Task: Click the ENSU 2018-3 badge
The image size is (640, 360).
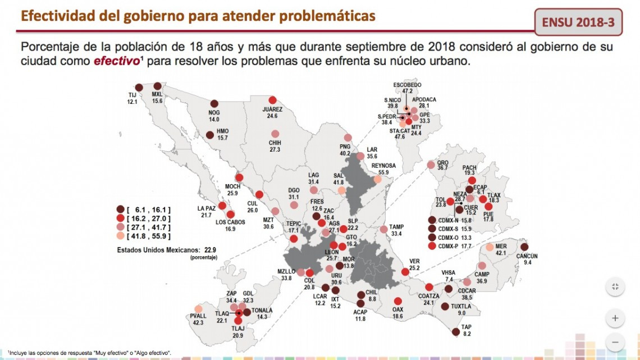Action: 578,23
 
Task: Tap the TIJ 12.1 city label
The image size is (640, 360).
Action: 132,99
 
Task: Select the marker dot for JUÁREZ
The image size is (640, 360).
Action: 273,99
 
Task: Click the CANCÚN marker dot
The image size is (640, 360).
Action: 524,247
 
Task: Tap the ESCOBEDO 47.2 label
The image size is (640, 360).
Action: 406,88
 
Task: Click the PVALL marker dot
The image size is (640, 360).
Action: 198,309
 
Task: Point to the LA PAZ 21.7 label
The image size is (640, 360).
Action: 206,212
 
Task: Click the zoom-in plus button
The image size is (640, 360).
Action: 615,318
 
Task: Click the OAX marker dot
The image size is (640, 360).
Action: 398,301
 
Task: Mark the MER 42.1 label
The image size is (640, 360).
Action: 501,249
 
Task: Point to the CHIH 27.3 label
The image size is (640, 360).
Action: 275,146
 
